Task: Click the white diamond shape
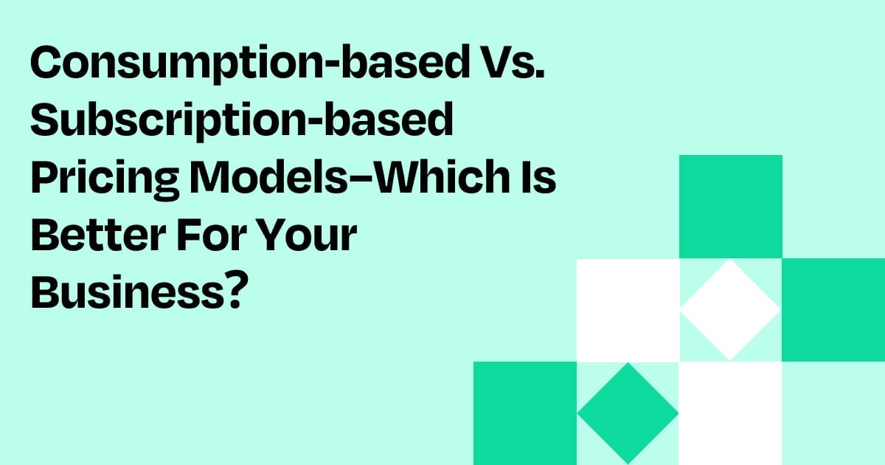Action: [730, 310]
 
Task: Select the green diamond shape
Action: [627, 413]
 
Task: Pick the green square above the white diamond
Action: [730, 207]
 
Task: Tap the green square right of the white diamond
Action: [833, 310]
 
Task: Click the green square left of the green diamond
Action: [524, 413]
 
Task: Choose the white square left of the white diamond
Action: [627, 310]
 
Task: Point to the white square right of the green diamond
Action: [730, 413]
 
